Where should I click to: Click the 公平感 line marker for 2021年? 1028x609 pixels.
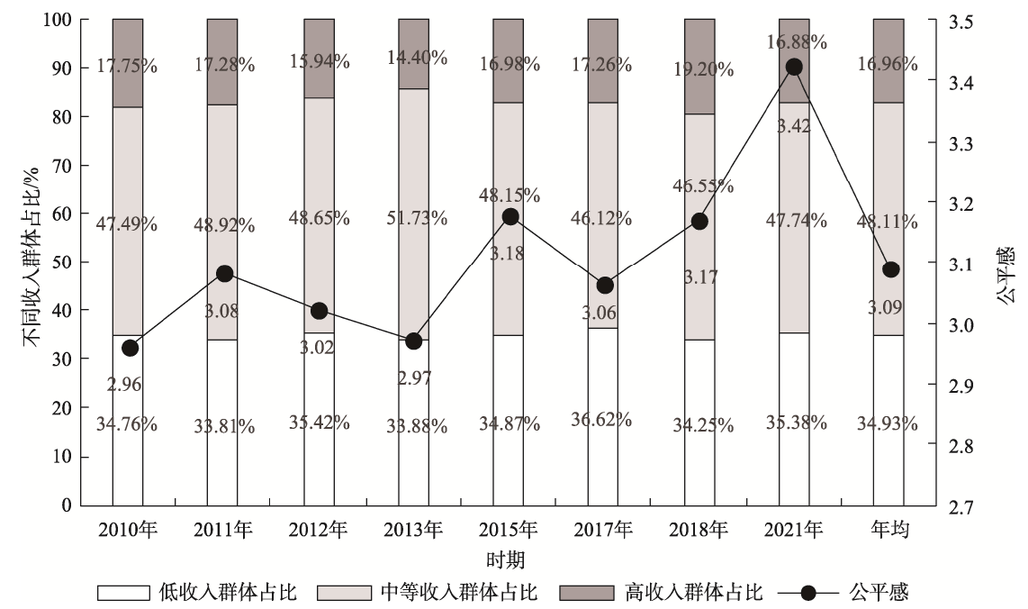(794, 67)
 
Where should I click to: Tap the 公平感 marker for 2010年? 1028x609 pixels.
(130, 348)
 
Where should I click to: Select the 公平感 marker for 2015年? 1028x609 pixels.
(510, 216)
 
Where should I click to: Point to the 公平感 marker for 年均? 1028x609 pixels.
(890, 269)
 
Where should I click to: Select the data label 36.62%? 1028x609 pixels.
(603, 419)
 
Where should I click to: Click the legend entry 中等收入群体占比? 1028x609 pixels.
(459, 592)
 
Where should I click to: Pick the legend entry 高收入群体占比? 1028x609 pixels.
(693, 592)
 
